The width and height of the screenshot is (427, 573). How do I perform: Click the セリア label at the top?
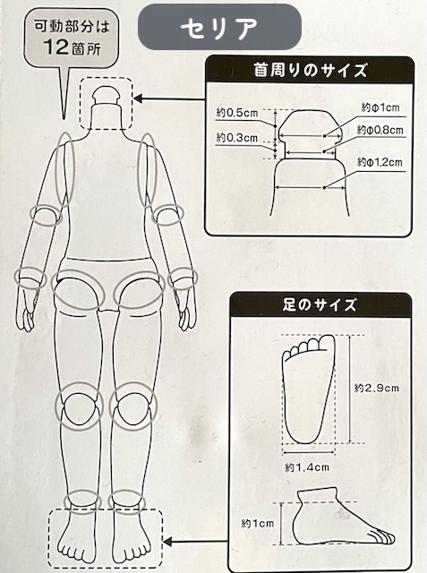point(218,28)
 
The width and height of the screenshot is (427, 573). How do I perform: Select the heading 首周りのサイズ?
point(310,69)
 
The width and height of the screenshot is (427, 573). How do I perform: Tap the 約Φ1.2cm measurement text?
point(380,162)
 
